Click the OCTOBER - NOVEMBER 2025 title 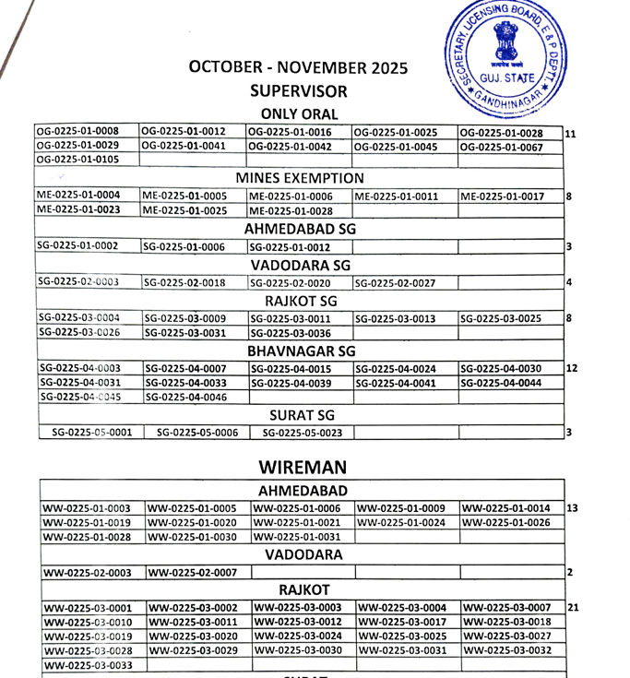click(x=298, y=67)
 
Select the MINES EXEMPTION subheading click(x=300, y=178)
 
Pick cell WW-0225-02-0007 click(x=192, y=573)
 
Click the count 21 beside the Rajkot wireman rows click(x=573, y=608)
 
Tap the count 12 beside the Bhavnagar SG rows click(x=572, y=368)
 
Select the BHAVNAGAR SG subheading click(x=302, y=351)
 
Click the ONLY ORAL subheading click(x=299, y=114)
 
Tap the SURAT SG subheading click(x=301, y=415)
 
